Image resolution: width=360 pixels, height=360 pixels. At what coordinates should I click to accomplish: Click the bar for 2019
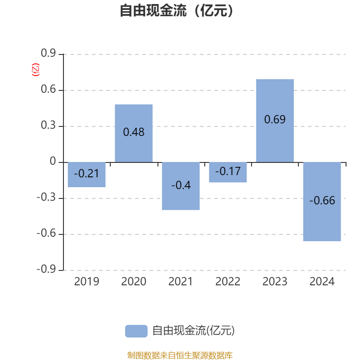tap(86, 175)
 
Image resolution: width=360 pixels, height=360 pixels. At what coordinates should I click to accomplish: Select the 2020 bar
tap(134, 133)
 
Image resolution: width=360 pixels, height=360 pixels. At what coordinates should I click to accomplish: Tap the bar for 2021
tap(181, 186)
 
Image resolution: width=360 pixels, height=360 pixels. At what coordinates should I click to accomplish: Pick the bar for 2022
tap(228, 172)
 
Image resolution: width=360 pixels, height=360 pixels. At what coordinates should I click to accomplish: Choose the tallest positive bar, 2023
tap(275, 121)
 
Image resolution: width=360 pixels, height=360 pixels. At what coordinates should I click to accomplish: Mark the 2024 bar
tap(322, 202)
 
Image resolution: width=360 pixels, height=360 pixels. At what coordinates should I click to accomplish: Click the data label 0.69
tap(275, 119)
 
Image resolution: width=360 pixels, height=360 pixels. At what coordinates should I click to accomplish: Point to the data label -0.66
tap(322, 200)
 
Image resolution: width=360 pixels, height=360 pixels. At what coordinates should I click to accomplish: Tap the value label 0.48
tap(134, 132)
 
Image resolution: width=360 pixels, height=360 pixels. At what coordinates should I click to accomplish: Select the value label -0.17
tap(228, 171)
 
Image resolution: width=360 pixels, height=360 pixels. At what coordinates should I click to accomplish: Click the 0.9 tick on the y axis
tap(48, 53)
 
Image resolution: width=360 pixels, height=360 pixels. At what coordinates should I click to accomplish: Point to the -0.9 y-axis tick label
tap(46, 269)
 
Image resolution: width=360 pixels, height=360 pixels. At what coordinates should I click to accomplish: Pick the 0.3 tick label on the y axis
tap(48, 125)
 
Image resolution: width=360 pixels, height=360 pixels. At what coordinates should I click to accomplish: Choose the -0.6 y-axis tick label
tap(46, 233)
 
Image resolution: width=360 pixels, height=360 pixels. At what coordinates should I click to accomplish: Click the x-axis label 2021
tap(180, 282)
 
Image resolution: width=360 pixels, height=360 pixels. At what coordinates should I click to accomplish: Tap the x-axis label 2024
tap(322, 282)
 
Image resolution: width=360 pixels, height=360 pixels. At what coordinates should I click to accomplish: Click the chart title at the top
tap(176, 10)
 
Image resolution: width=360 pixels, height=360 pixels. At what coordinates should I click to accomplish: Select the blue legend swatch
tap(136, 331)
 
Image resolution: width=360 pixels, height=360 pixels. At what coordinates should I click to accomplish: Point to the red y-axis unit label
tap(36, 70)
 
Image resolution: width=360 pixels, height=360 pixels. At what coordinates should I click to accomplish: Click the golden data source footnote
tap(180, 355)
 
